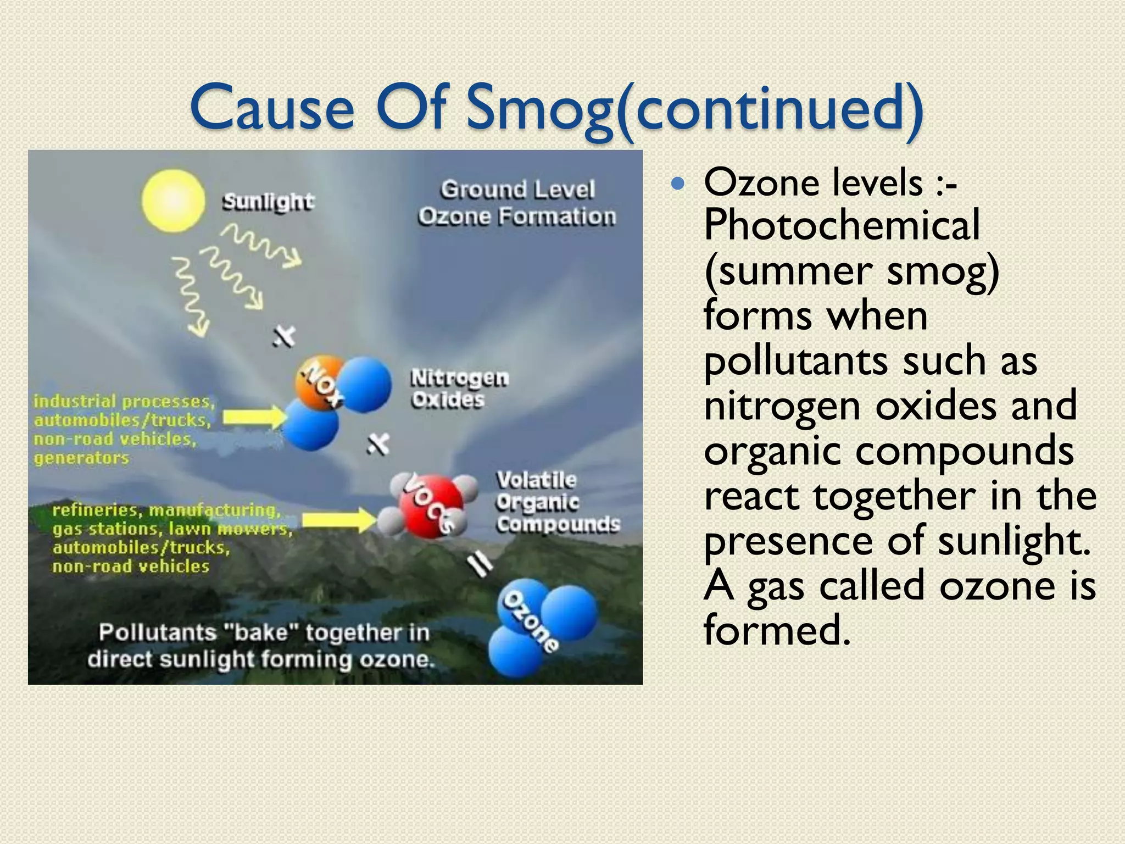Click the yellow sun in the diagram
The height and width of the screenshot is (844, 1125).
pos(173,201)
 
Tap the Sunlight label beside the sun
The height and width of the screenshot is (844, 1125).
pos(268,202)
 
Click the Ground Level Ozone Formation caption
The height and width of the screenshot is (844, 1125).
pos(517,203)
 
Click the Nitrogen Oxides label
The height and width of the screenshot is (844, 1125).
pos(459,388)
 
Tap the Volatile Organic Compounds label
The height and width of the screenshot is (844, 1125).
pos(558,502)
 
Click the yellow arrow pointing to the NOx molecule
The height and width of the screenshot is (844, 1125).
pos(254,418)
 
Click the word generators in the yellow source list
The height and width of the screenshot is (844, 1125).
pos(81,458)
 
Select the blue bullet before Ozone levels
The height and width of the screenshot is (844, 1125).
pos(679,184)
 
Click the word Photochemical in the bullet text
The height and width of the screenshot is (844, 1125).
pos(842,225)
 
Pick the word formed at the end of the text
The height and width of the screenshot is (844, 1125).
pos(777,630)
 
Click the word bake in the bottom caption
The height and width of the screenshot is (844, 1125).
pos(261,632)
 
